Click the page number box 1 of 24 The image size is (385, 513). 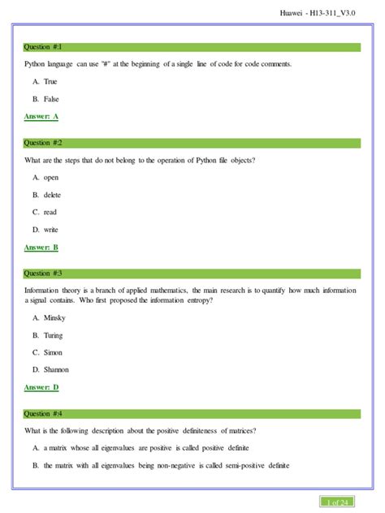(x=335, y=502)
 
